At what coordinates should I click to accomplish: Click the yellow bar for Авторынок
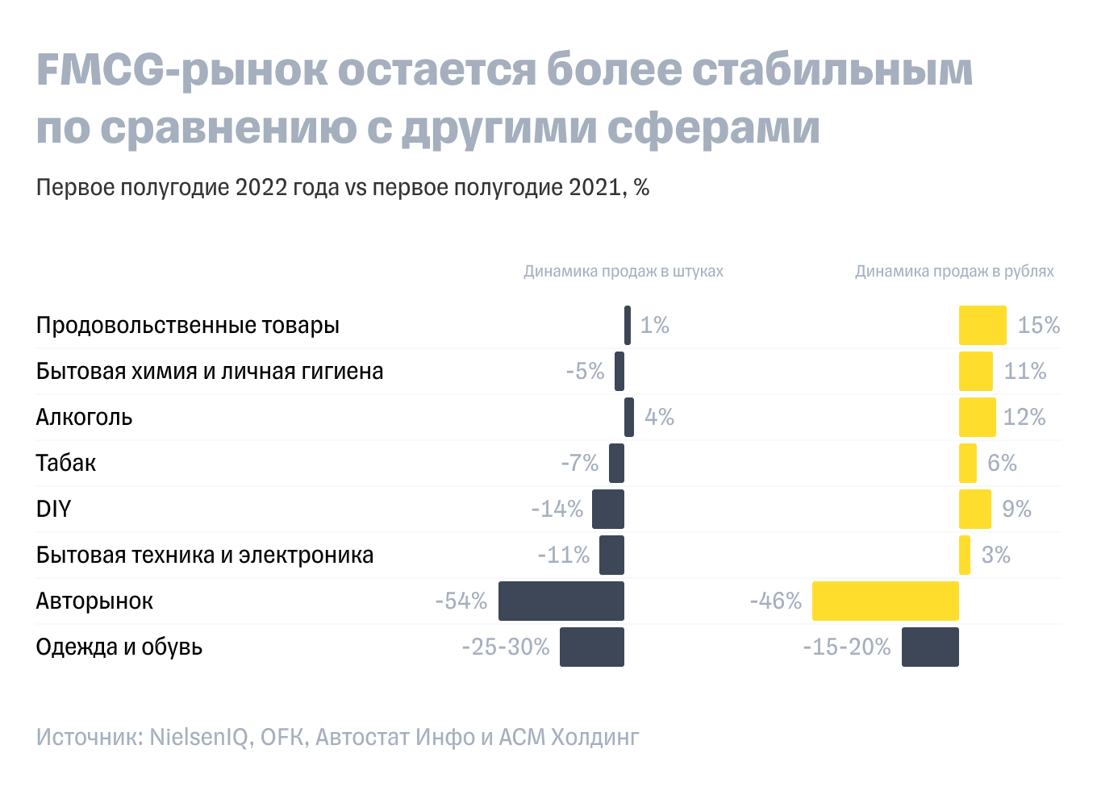[x=885, y=601]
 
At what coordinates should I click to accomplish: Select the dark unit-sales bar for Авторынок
[x=561, y=601]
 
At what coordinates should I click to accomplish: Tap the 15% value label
[x=1038, y=325]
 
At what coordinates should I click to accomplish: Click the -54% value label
[x=461, y=601]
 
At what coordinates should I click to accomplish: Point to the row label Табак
[x=66, y=463]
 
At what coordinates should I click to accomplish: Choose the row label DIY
[x=53, y=509]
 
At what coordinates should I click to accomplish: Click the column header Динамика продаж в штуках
[x=623, y=271]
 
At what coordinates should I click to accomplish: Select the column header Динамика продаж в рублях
[x=954, y=271]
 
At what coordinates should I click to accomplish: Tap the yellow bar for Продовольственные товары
[x=982, y=325]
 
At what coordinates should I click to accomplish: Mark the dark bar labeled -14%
[x=607, y=509]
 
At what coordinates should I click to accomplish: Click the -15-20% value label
[x=846, y=647]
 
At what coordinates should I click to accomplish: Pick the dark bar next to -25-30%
[x=591, y=647]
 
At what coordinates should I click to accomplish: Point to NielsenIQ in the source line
[x=199, y=737]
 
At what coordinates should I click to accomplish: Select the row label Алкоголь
[x=84, y=417]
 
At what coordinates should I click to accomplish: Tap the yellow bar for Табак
[x=967, y=463]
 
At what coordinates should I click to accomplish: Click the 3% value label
[x=995, y=555]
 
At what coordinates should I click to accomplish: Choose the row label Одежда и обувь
[x=119, y=647]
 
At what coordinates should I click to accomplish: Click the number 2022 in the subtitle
[x=261, y=187]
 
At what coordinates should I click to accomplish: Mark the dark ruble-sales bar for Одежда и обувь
[x=929, y=647]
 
